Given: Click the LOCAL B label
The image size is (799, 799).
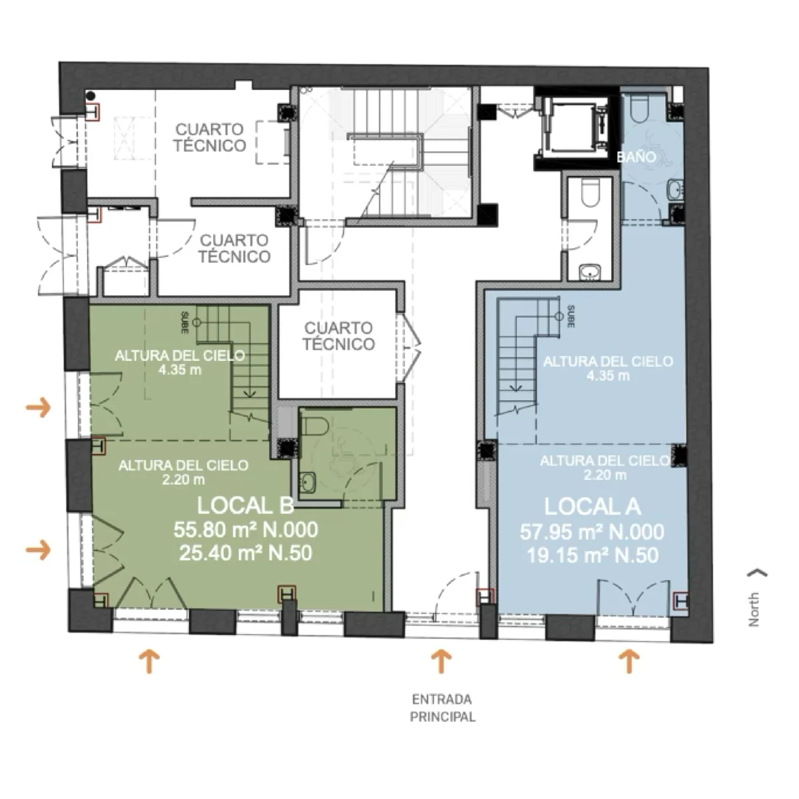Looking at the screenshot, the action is [x=246, y=505].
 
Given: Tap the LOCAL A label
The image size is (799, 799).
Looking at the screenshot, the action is [x=592, y=507].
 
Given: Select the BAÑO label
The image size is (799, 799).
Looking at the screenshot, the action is [x=637, y=156].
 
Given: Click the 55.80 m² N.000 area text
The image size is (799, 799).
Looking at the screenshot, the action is [x=246, y=529].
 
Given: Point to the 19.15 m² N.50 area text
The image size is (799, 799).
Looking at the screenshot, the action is [x=593, y=555].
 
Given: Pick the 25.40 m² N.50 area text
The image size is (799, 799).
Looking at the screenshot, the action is [x=246, y=553].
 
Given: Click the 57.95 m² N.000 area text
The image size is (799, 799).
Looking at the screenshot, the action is [x=592, y=531].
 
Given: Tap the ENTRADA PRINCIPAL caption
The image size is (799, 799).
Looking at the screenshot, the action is [x=442, y=708].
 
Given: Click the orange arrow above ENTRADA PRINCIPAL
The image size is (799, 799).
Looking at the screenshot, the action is [x=441, y=661].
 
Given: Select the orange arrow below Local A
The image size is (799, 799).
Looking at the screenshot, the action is [x=629, y=661].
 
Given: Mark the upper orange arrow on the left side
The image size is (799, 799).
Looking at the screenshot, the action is [x=39, y=407].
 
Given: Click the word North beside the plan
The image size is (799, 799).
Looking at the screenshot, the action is [x=753, y=609].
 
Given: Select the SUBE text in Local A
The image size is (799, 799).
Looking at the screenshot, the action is [x=571, y=316].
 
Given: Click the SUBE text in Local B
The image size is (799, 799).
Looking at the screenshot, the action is [x=185, y=322].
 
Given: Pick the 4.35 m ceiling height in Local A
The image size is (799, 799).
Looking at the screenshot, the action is [x=608, y=376].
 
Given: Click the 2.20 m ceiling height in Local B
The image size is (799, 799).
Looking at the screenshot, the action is [x=183, y=480].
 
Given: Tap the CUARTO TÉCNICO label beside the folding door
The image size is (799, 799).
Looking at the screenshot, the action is [x=339, y=336].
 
